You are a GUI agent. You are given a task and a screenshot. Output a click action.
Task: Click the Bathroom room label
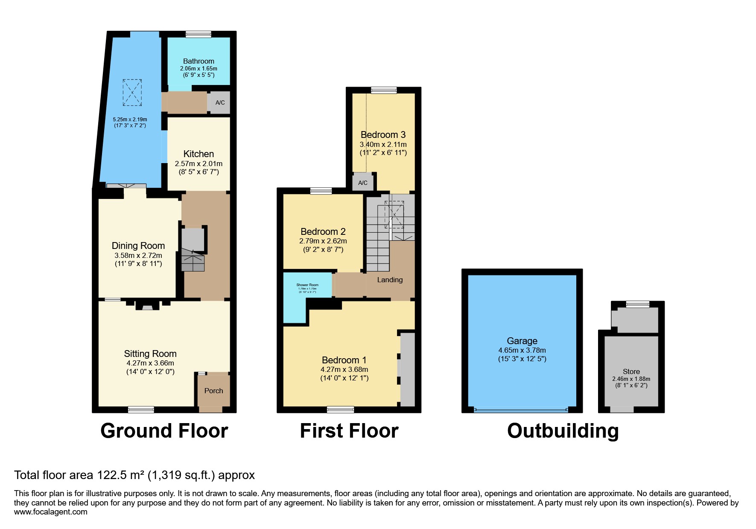(198, 61)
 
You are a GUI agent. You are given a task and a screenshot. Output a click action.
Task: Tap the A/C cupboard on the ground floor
(220, 102)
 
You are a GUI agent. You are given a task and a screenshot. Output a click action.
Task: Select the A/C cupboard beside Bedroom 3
(362, 183)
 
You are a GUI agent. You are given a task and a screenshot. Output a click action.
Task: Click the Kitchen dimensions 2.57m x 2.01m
(198, 164)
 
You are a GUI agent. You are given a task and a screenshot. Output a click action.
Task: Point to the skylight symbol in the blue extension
(132, 92)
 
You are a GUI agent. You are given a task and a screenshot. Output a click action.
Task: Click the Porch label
(213, 391)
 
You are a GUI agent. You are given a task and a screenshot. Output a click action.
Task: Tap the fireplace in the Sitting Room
(147, 306)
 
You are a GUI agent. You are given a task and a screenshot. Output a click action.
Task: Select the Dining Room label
(138, 246)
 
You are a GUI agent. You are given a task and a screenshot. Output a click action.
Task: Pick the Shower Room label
(307, 285)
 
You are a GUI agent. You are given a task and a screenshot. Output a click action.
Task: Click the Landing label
(390, 280)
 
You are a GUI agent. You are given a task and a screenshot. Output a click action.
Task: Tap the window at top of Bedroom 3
(384, 90)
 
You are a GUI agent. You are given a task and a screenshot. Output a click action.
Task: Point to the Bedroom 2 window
(321, 191)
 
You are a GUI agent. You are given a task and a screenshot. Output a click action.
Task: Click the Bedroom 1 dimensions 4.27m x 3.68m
(344, 369)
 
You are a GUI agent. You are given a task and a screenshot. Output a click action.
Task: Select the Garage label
(522, 341)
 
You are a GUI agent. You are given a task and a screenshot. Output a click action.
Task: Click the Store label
(631, 371)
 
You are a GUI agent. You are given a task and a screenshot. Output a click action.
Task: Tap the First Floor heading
(349, 430)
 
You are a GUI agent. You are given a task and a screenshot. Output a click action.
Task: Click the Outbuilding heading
(563, 430)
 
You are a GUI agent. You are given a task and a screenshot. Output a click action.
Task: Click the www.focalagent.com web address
(50, 512)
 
